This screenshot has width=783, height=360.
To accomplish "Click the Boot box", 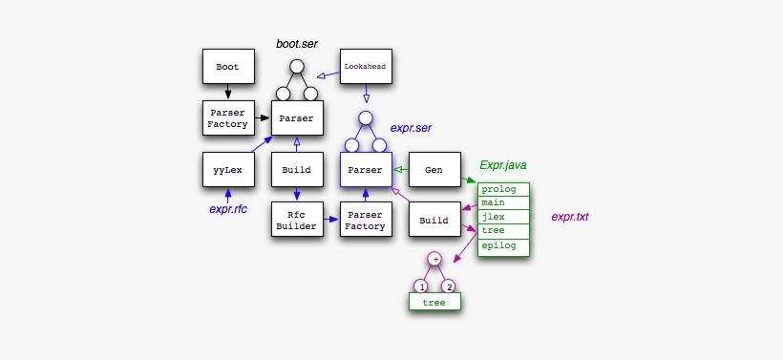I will (x=228, y=67).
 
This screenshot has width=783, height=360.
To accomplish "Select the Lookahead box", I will (x=366, y=67).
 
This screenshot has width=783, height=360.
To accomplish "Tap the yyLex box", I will (x=228, y=170).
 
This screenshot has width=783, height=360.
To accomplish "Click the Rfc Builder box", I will (x=297, y=221).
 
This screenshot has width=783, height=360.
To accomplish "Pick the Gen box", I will (x=434, y=170).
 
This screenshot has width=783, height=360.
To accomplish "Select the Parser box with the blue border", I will (x=366, y=170).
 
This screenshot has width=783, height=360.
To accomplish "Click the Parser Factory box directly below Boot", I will (x=228, y=118).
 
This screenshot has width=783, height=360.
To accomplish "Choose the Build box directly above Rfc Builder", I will (x=297, y=170).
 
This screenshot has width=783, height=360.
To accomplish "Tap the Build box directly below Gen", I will (x=434, y=221).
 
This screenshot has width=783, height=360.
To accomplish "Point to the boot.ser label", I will (x=297, y=44).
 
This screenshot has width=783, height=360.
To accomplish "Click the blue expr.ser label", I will (x=413, y=127).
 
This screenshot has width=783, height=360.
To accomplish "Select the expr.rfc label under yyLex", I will (x=228, y=209).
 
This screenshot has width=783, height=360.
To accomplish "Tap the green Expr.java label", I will (x=502, y=165).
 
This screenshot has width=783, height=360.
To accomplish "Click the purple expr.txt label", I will (x=570, y=217).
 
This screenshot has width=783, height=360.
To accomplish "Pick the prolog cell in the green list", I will (x=503, y=189).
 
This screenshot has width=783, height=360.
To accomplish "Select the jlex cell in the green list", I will (x=503, y=217).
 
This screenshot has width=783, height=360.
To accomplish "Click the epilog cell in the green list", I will (x=503, y=245).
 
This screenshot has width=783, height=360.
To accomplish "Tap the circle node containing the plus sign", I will (x=434, y=258).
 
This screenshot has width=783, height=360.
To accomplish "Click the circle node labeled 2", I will (x=449, y=286).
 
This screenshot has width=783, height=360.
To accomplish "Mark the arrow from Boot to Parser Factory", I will (x=228, y=93).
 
